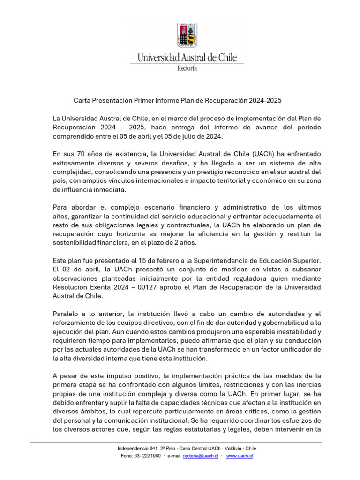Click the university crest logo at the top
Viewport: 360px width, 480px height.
[x=187, y=35]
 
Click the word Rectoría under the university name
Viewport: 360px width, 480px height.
[x=187, y=68]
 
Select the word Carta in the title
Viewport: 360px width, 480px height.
[x=82, y=100]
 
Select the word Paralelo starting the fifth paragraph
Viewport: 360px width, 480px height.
[x=66, y=314]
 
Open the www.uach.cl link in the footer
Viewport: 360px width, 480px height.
[x=240, y=456]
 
